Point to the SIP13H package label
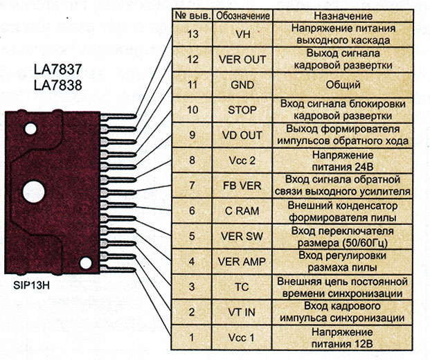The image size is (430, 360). pos(34,284)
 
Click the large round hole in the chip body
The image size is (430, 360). pos(32,190)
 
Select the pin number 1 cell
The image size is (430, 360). pos(192,337)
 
